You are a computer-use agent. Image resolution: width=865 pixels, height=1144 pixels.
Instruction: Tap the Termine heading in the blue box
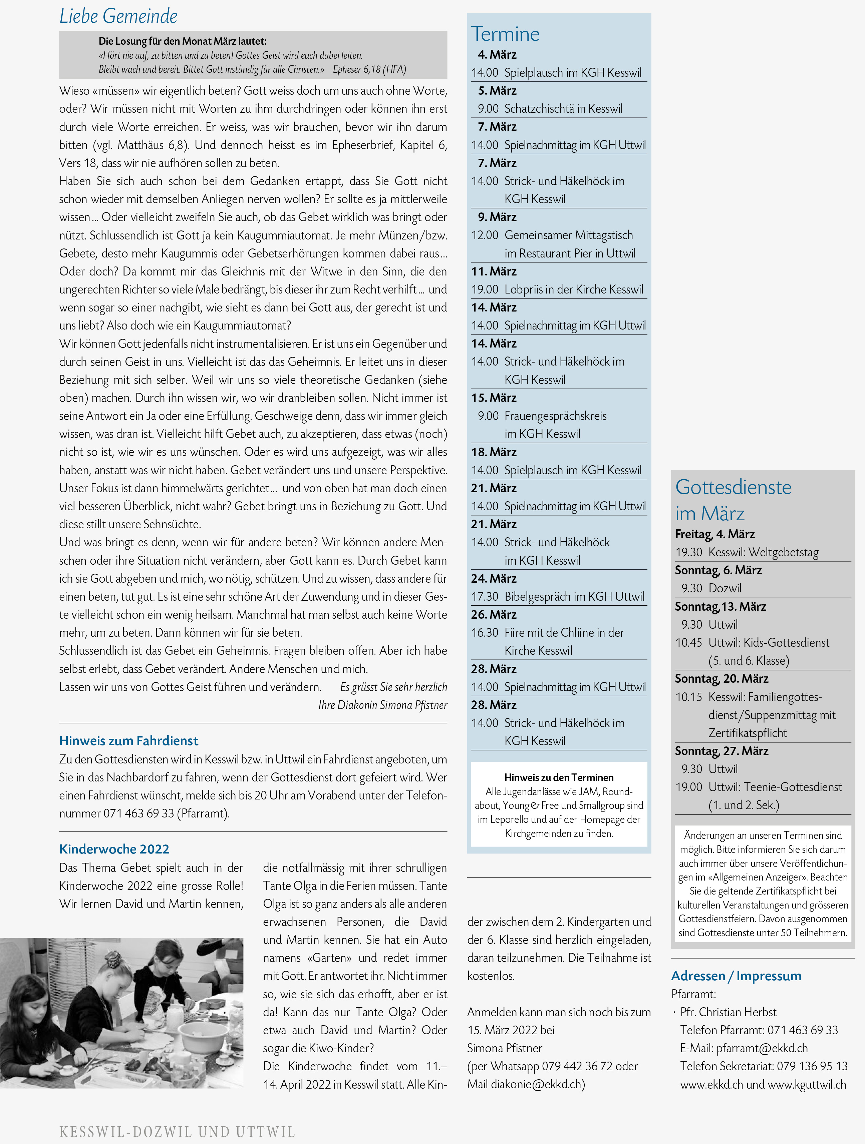tap(505, 34)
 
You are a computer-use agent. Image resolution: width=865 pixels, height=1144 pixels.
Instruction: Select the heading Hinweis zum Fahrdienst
tap(128, 741)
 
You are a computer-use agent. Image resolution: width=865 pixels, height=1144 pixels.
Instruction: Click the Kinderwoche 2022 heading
tap(114, 849)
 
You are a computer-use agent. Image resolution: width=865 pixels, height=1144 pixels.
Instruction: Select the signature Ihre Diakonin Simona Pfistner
tap(383, 705)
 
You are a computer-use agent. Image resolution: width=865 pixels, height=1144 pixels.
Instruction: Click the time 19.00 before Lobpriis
tap(485, 290)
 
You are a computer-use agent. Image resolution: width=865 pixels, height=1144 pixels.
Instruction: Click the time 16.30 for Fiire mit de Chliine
tap(485, 632)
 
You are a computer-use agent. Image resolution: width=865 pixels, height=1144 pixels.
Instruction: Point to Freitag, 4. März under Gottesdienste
tap(714, 534)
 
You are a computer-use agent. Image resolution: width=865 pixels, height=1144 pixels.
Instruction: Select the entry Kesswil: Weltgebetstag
tap(763, 552)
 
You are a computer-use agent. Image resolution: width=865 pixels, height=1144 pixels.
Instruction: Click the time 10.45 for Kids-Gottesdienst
tap(688, 643)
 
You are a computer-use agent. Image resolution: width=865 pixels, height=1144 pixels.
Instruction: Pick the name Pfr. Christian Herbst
tap(729, 1012)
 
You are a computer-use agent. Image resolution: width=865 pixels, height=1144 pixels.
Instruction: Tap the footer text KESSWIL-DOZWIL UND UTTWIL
tap(177, 1132)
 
